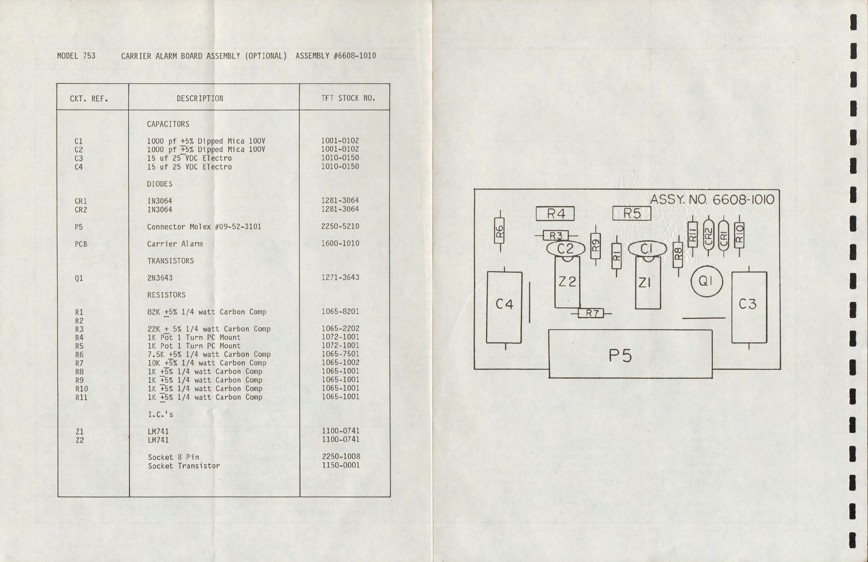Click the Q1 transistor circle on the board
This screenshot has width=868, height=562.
[x=707, y=281]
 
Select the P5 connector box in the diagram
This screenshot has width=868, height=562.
[x=630, y=354]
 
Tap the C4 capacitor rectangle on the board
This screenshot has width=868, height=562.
[x=504, y=307]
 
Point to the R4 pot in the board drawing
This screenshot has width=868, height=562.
[x=555, y=214]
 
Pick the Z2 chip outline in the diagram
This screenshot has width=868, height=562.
[x=567, y=282]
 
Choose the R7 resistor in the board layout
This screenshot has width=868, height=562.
[x=591, y=313]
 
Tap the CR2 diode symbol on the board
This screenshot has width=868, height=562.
[x=708, y=236]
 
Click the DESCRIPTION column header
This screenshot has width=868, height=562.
[x=200, y=98]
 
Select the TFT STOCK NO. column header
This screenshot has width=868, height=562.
[x=348, y=98]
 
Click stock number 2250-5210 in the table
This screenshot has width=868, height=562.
[x=340, y=226]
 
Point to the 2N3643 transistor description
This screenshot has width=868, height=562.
[x=160, y=278]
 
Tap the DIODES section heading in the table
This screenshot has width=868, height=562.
[x=159, y=184]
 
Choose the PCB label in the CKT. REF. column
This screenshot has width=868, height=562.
[x=81, y=244]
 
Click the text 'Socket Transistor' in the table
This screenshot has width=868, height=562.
[x=184, y=466]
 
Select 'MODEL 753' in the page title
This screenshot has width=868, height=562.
[x=76, y=56]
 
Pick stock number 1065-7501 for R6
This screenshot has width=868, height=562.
[x=340, y=354]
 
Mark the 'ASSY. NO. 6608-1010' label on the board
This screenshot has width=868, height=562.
[x=712, y=199]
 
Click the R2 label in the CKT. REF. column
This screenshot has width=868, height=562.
[x=79, y=321]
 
